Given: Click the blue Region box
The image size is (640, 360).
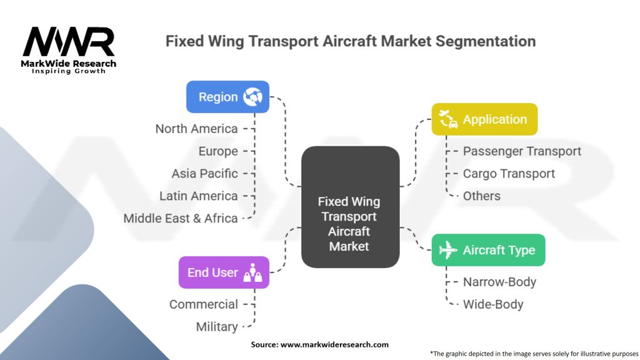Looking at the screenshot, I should [x=227, y=97].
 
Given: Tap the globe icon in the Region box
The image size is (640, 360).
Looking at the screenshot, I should [x=254, y=97].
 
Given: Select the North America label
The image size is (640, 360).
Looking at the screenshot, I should [x=196, y=129].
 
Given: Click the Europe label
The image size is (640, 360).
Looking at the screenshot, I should [x=218, y=151].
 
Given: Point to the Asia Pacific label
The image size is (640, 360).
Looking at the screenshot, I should [x=204, y=173].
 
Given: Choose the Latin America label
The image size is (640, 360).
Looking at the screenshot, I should [x=198, y=196].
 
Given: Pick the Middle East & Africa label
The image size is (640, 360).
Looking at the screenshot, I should [x=180, y=218].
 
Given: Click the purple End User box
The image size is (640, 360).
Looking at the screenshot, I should [x=224, y=272].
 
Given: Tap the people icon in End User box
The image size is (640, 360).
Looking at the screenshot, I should [x=252, y=272].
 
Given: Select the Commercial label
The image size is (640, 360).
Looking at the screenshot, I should [x=203, y=304].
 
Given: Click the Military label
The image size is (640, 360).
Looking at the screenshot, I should [x=216, y=326].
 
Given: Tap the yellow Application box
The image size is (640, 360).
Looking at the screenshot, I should [x=484, y=119].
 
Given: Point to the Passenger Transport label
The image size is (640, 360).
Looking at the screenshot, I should [x=522, y=151].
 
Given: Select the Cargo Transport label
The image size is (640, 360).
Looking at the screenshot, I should [x=509, y=174].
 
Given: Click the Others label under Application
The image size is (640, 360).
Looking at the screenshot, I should [x=481, y=196].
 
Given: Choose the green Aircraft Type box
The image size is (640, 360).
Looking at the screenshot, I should [x=488, y=250].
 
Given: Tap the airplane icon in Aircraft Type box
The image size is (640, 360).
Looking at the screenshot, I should [x=448, y=250].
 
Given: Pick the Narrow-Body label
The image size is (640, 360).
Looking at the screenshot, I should [x=499, y=282].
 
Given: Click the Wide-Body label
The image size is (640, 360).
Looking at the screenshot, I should [x=492, y=304].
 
